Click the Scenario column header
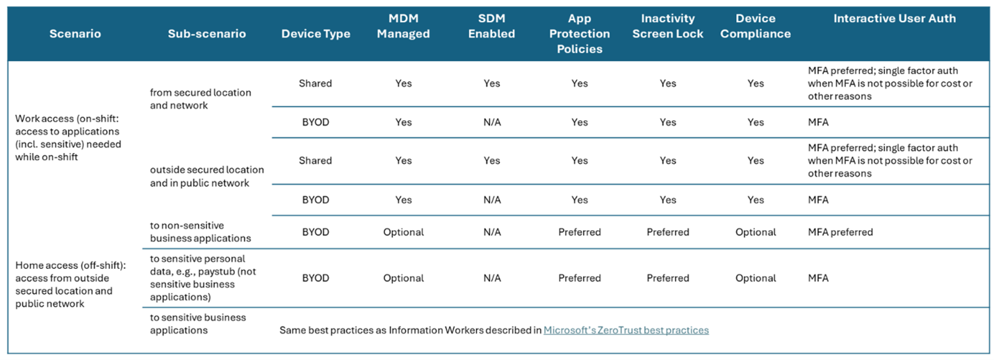pyautogui.click(x=74, y=34)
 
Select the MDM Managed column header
pyautogui.click(x=403, y=26)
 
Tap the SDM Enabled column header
pyautogui.click(x=491, y=26)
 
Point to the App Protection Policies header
pyautogui.click(x=579, y=34)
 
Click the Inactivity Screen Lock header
pyautogui.click(x=667, y=26)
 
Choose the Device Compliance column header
pyautogui.click(x=756, y=26)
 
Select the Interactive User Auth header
pyautogui.click(x=895, y=19)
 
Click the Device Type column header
pyautogui.click(x=316, y=34)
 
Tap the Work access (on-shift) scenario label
pyautogui.click(x=67, y=138)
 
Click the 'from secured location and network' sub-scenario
pyautogui.click(x=200, y=99)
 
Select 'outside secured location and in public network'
pyautogui.click(x=206, y=177)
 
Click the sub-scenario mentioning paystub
pyautogui.click(x=203, y=278)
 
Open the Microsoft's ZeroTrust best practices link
pyautogui.click(x=626, y=330)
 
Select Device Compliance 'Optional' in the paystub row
pyautogui.click(x=756, y=278)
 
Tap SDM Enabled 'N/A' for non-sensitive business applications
pyautogui.click(x=491, y=232)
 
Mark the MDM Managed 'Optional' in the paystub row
pyautogui.click(x=403, y=278)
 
